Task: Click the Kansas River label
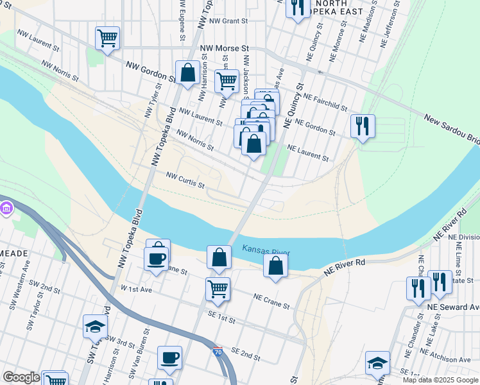(266, 250)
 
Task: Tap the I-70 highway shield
(218, 352)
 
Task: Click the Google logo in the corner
(21, 377)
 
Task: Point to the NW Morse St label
(225, 49)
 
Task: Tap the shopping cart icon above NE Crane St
(218, 289)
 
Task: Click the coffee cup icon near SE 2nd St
(169, 357)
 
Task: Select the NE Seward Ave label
(453, 308)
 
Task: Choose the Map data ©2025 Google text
(440, 380)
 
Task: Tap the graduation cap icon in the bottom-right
(377, 363)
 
